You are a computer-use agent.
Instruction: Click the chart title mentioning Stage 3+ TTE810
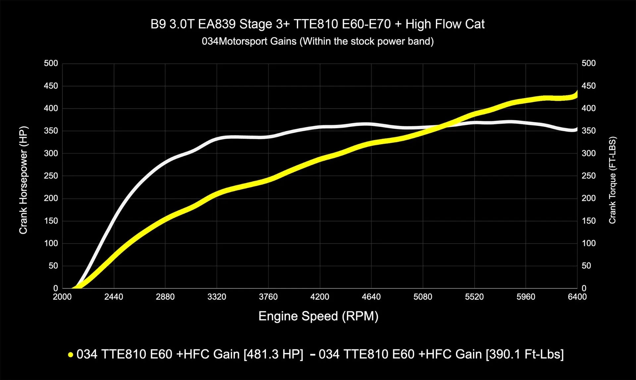coord(317,24)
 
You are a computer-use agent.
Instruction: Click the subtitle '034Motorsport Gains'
coord(317,41)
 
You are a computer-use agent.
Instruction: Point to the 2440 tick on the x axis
coord(114,297)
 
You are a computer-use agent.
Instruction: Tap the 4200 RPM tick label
coord(320,297)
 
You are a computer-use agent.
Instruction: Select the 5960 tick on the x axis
coord(526,297)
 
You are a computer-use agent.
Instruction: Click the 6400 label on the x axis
coord(577,297)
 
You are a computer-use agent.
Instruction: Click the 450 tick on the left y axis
coord(51,86)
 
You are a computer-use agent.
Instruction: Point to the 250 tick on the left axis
coord(51,176)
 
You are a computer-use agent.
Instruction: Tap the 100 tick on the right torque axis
coord(589,244)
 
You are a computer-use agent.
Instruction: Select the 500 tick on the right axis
coord(589,63)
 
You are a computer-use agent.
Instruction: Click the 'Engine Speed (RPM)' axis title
coord(318,316)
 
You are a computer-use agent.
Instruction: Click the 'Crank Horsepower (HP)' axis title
coord(23,180)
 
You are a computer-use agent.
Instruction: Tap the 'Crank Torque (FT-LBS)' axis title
coord(612,180)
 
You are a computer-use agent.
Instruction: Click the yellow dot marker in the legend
coord(70,355)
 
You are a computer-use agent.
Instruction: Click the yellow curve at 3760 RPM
coord(268,180)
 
